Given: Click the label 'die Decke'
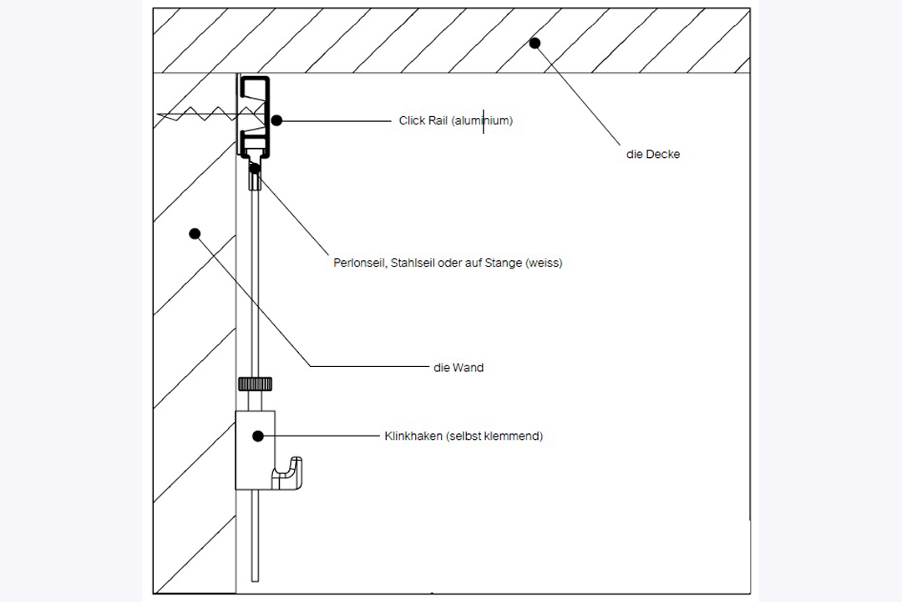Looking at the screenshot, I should [x=652, y=155].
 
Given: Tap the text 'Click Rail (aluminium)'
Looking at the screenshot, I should [x=455, y=121].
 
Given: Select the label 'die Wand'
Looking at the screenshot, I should [x=459, y=367].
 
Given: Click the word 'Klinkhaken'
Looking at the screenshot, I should [x=413, y=436].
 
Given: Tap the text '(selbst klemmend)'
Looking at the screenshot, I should [x=494, y=436].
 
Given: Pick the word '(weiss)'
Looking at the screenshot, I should [x=545, y=263].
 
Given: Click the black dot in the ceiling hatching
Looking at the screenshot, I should [x=535, y=43].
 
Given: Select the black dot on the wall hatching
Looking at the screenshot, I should [x=195, y=233].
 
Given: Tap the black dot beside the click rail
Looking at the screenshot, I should [x=276, y=120].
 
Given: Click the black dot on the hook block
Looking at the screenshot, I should [x=258, y=436].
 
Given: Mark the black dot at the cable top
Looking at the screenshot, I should [x=255, y=168].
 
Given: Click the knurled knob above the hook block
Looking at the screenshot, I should [x=255, y=385].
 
